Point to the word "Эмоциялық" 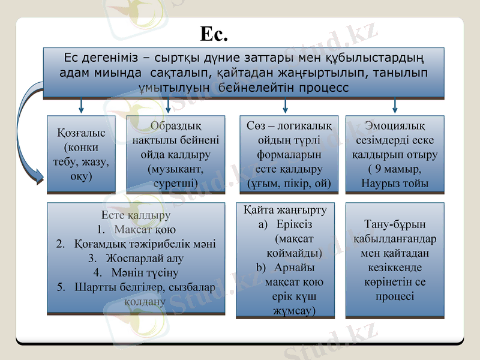[x=395, y=125]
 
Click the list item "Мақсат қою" [x=145, y=229]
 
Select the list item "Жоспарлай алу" [x=144, y=258]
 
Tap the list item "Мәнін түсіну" [x=145, y=272]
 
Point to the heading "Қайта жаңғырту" [x=285, y=210]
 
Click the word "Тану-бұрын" [x=395, y=225]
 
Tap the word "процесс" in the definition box [x=324, y=88]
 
